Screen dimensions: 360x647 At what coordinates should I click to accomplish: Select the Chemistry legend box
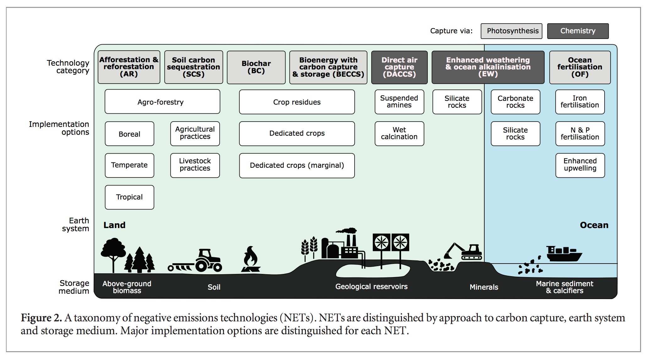click(x=578, y=31)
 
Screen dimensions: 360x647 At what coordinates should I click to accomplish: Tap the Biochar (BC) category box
click(x=256, y=67)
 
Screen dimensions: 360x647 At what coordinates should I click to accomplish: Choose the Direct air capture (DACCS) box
click(x=399, y=67)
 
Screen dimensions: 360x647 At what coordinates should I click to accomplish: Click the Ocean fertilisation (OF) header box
click(x=580, y=67)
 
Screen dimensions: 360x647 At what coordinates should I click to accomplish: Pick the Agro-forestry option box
click(x=162, y=102)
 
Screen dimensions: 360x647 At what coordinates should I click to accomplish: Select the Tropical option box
click(x=129, y=197)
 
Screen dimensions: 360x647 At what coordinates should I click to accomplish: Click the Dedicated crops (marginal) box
click(x=297, y=166)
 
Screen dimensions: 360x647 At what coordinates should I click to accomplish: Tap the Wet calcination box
click(x=399, y=134)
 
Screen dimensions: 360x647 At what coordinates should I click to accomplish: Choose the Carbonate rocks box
click(x=515, y=102)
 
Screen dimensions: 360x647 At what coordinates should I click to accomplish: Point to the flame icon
click(x=251, y=260)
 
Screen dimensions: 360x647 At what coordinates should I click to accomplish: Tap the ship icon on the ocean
click(x=563, y=254)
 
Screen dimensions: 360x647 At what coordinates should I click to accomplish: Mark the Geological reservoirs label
click(x=371, y=286)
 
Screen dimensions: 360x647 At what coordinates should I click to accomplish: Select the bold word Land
click(x=114, y=225)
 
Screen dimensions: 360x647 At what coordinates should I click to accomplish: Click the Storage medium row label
click(x=74, y=287)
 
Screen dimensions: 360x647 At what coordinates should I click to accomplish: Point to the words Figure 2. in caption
click(x=41, y=318)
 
